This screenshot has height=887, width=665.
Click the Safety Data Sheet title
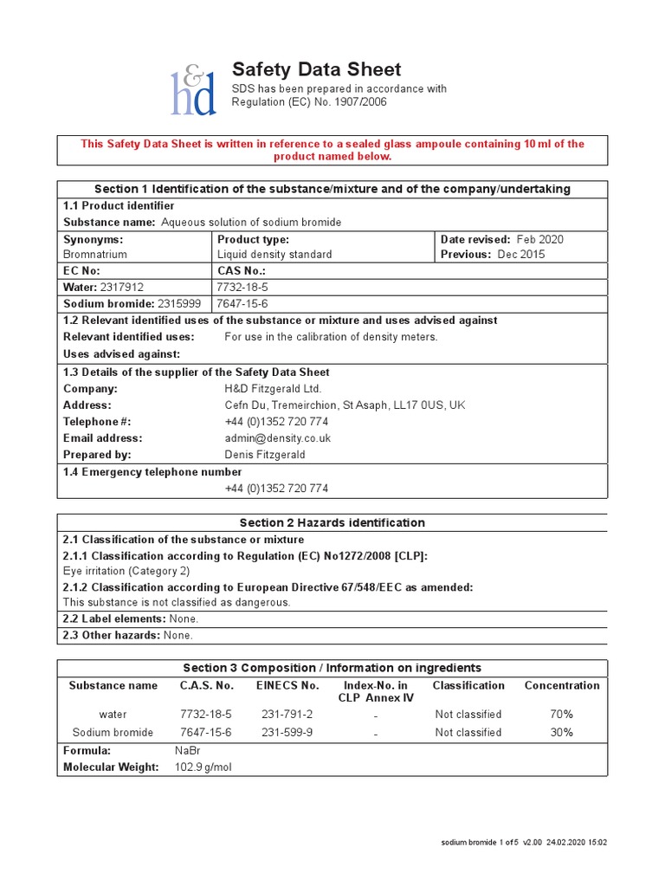coord(316,70)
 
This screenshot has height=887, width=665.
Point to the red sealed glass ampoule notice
coord(332,150)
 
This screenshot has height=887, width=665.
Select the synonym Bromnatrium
coord(95,255)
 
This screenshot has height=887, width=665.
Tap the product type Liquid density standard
coord(274,255)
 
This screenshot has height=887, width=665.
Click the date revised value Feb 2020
coord(539,239)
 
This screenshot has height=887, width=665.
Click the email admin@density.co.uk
coord(277,438)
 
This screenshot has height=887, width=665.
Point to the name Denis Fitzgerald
coord(265,455)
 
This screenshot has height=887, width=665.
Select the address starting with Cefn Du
coord(345,405)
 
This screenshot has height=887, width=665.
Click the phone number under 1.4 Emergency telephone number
coord(276,489)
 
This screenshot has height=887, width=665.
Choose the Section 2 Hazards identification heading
coord(332,522)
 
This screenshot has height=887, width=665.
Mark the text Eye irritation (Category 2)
coord(126,571)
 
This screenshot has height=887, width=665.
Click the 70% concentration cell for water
coord(561,715)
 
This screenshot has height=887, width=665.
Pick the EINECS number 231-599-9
coord(287,732)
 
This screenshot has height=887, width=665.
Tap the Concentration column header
coord(561,685)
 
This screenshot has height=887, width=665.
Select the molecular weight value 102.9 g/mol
coord(203,767)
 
